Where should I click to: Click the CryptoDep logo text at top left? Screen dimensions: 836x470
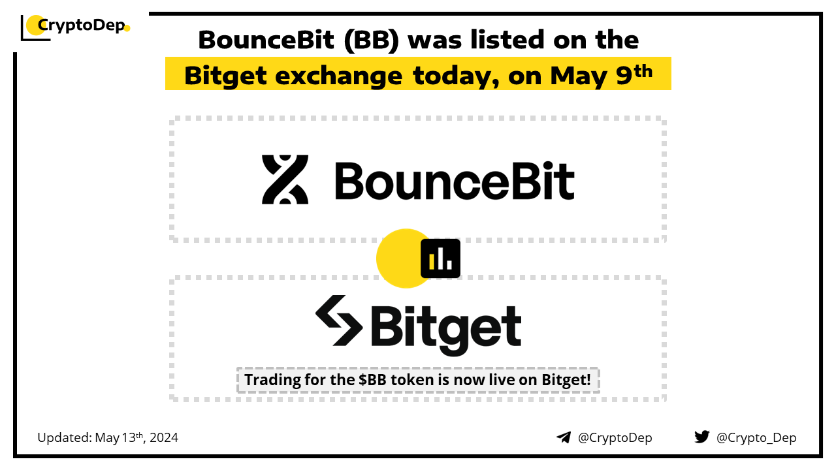point(82,25)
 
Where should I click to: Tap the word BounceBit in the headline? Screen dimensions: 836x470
point(266,40)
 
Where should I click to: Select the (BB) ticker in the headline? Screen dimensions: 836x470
point(372,40)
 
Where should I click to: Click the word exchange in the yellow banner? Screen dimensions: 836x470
point(338,76)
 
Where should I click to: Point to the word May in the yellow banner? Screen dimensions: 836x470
point(579,76)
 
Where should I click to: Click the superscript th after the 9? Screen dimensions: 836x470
point(643,71)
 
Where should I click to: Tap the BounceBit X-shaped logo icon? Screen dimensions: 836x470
point(285,180)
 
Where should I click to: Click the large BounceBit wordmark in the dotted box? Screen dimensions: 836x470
point(454,181)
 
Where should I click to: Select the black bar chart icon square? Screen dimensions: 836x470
point(440,258)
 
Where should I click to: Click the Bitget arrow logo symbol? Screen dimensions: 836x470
point(339,321)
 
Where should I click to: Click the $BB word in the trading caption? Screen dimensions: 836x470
point(372,380)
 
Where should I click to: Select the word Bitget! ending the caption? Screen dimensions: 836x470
point(566,381)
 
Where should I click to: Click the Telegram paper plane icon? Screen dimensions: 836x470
point(564,437)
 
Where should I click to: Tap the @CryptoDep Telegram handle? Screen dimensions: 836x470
point(615,438)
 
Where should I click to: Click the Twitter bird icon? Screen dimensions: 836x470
point(702,437)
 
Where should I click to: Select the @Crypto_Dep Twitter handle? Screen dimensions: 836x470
point(756,438)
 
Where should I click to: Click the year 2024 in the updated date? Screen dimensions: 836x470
point(164,437)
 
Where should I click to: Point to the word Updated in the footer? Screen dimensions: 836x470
point(65,438)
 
